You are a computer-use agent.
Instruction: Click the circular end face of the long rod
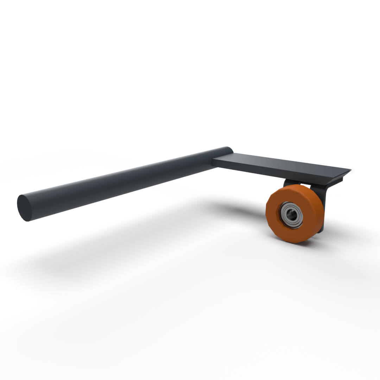24,208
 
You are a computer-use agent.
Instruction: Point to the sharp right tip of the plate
350,170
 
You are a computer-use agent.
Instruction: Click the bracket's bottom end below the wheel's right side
321,230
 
